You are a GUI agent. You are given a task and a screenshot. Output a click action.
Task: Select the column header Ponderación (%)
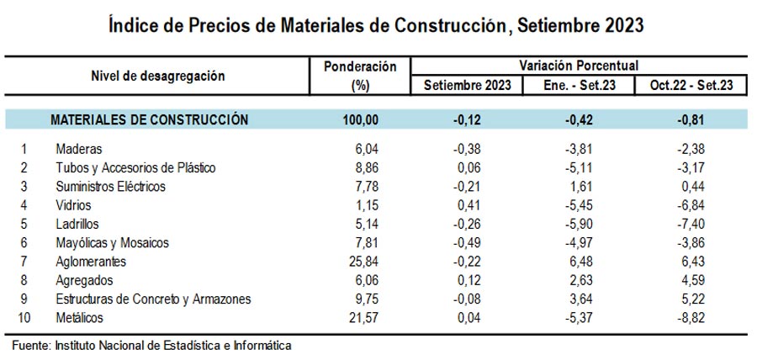click(359, 76)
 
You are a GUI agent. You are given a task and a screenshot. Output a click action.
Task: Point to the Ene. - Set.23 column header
click(580, 85)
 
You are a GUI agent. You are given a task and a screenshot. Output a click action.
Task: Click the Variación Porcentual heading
click(580, 65)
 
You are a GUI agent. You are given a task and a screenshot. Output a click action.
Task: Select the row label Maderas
click(77, 148)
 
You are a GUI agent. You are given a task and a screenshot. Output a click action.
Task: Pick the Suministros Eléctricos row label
click(110, 186)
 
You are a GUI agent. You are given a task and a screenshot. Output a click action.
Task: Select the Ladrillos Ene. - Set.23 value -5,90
click(580, 224)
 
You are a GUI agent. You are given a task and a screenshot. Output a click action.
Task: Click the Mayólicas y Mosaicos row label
click(112, 243)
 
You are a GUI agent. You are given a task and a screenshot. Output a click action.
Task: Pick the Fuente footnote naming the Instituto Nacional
click(151, 345)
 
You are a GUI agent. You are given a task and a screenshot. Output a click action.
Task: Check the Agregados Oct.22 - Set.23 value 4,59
click(693, 280)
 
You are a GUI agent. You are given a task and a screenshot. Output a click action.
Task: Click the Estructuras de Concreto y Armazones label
click(153, 299)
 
